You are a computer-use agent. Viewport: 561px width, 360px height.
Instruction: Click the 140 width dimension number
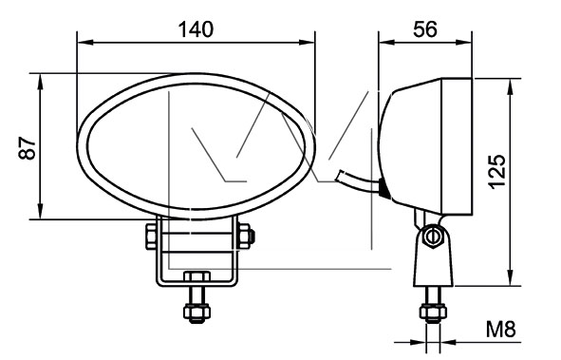click(196, 29)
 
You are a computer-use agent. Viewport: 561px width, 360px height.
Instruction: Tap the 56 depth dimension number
click(425, 29)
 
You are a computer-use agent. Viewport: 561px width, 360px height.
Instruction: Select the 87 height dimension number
click(28, 147)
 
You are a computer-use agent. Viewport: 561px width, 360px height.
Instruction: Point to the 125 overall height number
click(496, 171)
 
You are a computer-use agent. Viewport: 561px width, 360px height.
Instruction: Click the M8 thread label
click(500, 330)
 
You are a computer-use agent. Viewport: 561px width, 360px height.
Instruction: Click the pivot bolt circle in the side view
click(432, 236)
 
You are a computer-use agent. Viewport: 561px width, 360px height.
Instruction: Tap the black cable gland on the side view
click(383, 187)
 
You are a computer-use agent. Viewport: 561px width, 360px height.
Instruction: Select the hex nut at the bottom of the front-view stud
click(196, 313)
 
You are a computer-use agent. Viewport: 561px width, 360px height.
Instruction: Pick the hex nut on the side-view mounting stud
click(433, 313)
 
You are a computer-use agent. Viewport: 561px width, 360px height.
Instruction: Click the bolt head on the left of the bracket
click(151, 237)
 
